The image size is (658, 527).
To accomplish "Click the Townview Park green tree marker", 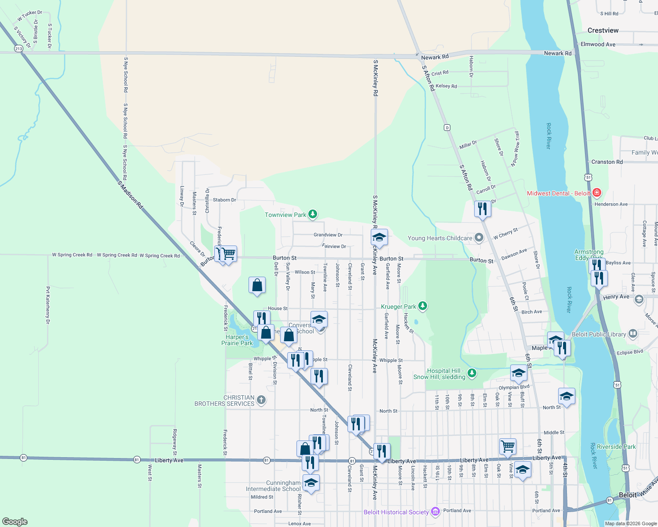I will (x=313, y=214).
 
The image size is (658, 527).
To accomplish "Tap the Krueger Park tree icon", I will (x=423, y=306).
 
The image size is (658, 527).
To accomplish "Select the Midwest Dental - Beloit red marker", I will (x=597, y=193).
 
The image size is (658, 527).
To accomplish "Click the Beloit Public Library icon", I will (x=633, y=334).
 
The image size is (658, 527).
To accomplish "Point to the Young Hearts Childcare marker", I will (x=479, y=238).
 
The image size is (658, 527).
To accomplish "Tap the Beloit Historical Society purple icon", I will (x=435, y=511).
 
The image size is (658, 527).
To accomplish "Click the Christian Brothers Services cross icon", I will (x=261, y=400).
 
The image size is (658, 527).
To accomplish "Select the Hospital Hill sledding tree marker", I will (x=472, y=373).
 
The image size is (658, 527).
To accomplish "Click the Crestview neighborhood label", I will (x=603, y=30).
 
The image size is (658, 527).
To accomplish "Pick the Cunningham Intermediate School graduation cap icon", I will (x=311, y=483).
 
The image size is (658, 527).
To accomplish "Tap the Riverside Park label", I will (x=616, y=447).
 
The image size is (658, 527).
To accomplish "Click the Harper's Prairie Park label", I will (x=237, y=340).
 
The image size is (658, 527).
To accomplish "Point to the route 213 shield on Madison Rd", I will (x=18, y=48).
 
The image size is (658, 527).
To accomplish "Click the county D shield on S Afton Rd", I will (x=447, y=127).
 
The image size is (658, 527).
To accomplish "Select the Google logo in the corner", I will (x=15, y=521).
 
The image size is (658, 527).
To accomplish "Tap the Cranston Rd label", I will (x=607, y=162).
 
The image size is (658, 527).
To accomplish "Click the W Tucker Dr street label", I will (x=30, y=16).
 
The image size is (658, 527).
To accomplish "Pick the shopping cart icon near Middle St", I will (x=508, y=446).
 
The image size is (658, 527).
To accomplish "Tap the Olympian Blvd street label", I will (x=514, y=387).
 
